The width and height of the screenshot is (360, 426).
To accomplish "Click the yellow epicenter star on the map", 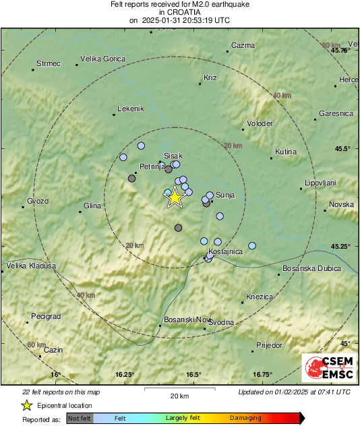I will (175, 197).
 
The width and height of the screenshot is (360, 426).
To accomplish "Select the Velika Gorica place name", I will (102, 59).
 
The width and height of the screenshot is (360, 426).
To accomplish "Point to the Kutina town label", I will (286, 152).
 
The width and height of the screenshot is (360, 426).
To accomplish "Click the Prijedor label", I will (270, 345).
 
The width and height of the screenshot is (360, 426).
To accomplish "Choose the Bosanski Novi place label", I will (185, 319).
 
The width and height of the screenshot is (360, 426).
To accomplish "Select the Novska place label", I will (340, 204).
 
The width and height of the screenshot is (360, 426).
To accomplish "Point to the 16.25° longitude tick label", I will (125, 374).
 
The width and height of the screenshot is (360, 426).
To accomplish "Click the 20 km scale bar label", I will (179, 395).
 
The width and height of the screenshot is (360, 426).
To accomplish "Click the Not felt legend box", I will (80, 418).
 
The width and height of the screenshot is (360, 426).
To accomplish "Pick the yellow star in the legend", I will (26, 405).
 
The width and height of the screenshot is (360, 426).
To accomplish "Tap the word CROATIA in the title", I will (180, 12).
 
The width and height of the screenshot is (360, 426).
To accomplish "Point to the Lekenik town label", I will (131, 109).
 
